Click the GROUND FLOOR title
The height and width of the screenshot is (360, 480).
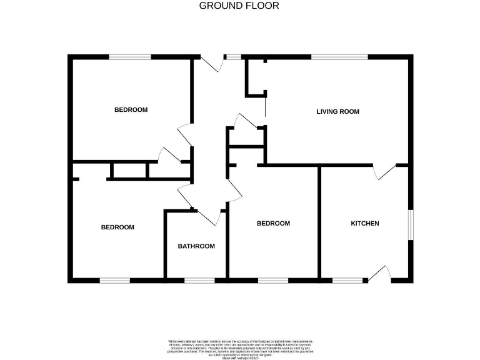(x=239, y=6)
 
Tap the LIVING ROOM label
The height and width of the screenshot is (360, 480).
(x=337, y=112)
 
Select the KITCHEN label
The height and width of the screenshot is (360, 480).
(x=364, y=223)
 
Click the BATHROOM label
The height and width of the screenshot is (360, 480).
(x=196, y=246)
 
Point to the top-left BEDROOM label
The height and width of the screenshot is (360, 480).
(x=131, y=110)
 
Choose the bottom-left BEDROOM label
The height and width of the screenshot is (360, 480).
(x=117, y=227)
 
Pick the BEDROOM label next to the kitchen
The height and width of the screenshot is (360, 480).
(x=273, y=223)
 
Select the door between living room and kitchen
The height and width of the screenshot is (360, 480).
(x=385, y=172)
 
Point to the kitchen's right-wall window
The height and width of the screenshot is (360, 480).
(x=411, y=224)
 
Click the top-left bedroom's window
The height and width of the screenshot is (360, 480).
(x=130, y=57)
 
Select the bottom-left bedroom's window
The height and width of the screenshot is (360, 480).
(x=114, y=280)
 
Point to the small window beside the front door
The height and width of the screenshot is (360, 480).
(x=233, y=57)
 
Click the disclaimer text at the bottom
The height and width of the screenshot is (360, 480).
(x=239, y=347)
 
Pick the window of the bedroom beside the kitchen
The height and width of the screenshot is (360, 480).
(x=272, y=280)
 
